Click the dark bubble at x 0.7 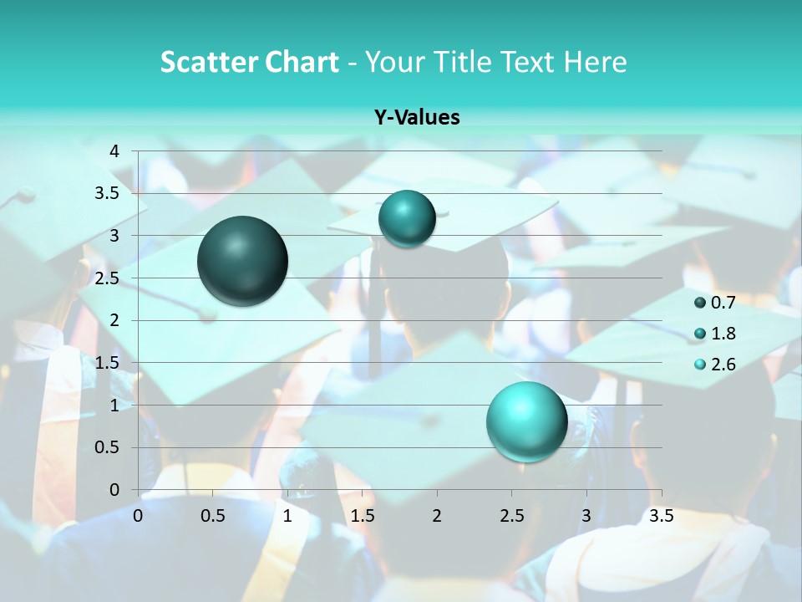(x=243, y=261)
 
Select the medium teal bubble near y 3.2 (x=407, y=219)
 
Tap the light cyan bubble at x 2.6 (x=526, y=421)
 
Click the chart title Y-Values (x=417, y=118)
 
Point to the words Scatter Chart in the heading (x=249, y=62)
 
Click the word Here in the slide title (x=595, y=62)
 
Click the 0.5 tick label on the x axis (x=213, y=516)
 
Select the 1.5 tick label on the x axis (x=363, y=516)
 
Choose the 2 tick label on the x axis (x=437, y=516)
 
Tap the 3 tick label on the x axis (x=586, y=516)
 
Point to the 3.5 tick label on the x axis (x=661, y=516)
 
